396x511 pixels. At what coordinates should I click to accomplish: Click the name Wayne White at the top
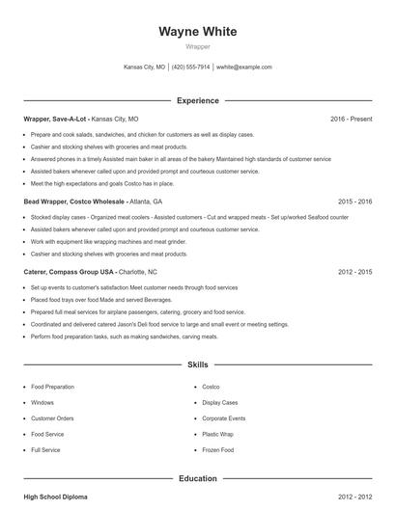tap(197, 32)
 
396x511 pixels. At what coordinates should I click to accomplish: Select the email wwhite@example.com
tap(244, 67)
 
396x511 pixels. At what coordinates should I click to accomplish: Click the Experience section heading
tap(197, 100)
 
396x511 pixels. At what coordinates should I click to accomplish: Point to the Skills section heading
tap(197, 366)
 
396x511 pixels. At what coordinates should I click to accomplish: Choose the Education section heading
tap(197, 478)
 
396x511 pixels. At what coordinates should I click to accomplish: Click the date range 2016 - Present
tap(351, 119)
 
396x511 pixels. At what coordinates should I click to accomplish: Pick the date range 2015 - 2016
tap(355, 202)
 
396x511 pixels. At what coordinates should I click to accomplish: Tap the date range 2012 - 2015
tap(355, 272)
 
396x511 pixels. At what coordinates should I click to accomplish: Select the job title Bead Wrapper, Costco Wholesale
tap(72, 202)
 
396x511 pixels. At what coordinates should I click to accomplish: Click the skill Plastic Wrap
tap(218, 434)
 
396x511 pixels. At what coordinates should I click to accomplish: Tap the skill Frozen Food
tap(217, 450)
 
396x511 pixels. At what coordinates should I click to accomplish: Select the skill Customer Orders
tap(52, 418)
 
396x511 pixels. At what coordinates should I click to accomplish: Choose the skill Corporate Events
tap(223, 418)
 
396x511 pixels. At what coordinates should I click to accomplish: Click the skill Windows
tap(42, 402)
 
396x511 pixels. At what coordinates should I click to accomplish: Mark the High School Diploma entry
tap(55, 497)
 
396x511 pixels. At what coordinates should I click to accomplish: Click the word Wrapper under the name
tap(197, 46)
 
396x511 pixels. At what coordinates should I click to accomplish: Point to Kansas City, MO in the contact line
tap(144, 67)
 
